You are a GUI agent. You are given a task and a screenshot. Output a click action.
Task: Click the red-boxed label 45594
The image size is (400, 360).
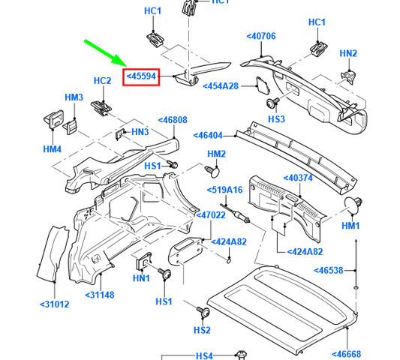141,76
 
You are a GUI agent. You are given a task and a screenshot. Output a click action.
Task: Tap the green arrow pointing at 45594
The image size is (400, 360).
107,52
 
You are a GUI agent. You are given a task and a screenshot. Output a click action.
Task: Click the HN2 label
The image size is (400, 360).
348,53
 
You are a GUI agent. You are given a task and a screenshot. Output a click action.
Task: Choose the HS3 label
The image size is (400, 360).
277,119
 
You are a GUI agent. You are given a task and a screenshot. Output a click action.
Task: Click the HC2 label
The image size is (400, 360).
102,80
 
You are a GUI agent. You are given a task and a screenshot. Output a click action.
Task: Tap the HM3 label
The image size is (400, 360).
74,97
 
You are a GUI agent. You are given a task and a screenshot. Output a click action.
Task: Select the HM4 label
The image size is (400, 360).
52,149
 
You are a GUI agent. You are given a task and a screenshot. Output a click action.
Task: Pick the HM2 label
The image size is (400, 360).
216,154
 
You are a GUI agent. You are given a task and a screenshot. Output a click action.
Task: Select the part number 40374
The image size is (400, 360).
297,178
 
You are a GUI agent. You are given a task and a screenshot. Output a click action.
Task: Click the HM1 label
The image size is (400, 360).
351,225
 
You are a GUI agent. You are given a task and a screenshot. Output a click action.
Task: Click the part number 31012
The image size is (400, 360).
54,304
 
